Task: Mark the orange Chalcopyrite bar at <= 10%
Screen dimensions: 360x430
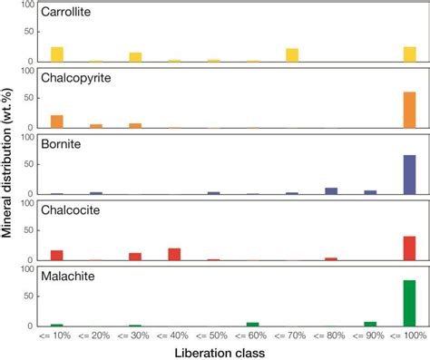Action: point(57,122)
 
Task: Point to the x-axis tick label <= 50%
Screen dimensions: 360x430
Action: point(214,336)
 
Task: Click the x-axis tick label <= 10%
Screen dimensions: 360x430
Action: point(57,336)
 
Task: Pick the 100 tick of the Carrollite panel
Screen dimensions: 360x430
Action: point(27,6)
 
